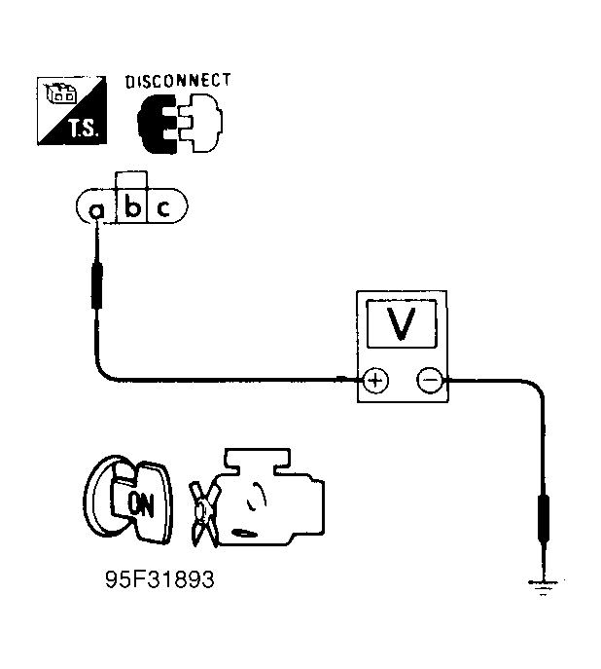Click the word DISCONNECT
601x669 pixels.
[178, 81]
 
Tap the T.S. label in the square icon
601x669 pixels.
[84, 128]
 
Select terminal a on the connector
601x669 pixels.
[96, 210]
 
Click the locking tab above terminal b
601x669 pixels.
[131, 179]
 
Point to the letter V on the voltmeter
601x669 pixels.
[401, 323]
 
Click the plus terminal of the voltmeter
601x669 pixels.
[375, 380]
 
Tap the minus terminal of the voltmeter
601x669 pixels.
[430, 380]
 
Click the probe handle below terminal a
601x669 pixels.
[97, 285]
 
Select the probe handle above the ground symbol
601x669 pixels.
[544, 519]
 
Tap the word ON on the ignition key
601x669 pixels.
[141, 504]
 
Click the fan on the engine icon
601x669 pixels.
[204, 514]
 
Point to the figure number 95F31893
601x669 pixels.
[159, 579]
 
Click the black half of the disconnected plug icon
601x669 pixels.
[157, 124]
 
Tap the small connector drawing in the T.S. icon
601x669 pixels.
[61, 93]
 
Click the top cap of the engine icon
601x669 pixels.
[258, 460]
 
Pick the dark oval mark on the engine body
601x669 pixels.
[245, 534]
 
